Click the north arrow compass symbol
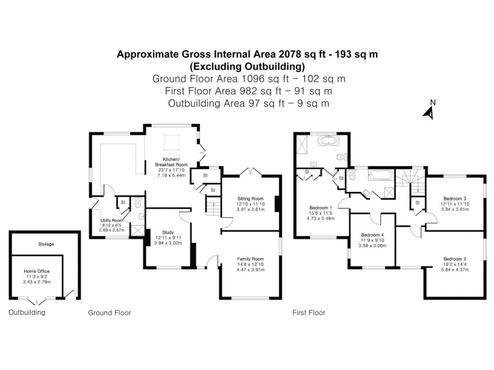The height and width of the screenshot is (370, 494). (428, 110)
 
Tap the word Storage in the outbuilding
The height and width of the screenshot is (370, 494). (46, 244)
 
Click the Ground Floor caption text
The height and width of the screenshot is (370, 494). (109, 313)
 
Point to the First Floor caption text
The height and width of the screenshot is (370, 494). (309, 313)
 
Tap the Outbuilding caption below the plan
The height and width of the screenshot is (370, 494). (27, 313)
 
